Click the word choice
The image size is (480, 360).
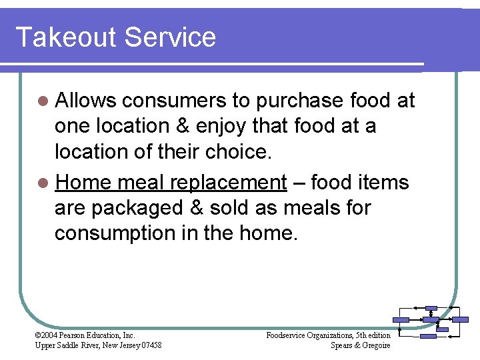[240, 151]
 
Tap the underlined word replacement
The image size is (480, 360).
[228, 183]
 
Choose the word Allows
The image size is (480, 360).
[85, 101]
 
